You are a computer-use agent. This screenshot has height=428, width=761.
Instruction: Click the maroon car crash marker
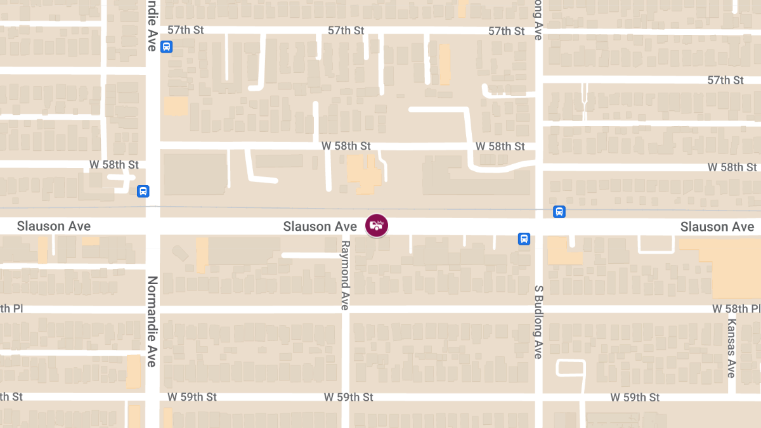click(x=377, y=225)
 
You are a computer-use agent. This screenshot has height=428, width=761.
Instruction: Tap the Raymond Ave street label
click(x=345, y=275)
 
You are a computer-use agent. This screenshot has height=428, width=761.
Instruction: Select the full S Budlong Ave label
click(x=538, y=321)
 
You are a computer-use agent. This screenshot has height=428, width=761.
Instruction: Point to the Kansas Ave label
click(x=731, y=348)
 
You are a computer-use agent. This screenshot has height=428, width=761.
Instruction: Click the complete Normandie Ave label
click(x=152, y=321)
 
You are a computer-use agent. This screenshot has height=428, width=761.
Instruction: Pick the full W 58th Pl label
click(x=736, y=309)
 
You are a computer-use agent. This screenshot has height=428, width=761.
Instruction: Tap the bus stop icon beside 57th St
click(x=166, y=46)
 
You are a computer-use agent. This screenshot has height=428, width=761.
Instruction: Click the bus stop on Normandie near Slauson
click(x=143, y=191)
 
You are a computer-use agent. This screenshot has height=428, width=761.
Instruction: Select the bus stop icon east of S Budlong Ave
click(x=559, y=212)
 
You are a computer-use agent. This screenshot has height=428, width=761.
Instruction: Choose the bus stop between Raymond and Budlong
click(x=524, y=238)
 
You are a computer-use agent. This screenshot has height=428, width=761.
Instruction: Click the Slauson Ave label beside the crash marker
click(x=320, y=226)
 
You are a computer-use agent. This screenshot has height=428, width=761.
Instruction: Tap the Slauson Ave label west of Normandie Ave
click(x=54, y=226)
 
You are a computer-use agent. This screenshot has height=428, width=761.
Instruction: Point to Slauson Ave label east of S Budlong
click(x=717, y=227)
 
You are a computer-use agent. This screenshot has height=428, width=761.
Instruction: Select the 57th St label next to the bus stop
click(x=186, y=30)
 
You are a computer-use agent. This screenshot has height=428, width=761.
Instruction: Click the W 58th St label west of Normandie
click(x=114, y=165)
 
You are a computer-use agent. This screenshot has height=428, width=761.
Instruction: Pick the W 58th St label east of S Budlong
click(x=732, y=167)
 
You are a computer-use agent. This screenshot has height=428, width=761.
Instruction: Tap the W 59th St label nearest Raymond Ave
click(x=348, y=397)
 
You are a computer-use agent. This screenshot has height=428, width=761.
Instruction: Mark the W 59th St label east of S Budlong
click(x=635, y=397)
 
